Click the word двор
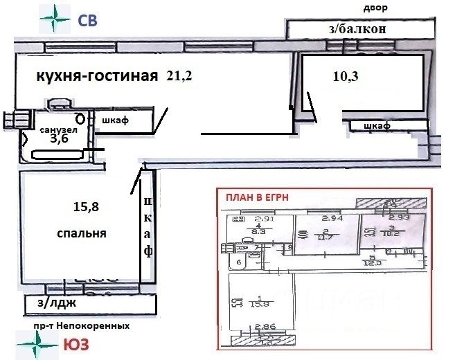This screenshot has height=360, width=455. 375,8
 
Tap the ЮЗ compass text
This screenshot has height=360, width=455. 75,344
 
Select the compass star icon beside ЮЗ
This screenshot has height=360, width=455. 36,343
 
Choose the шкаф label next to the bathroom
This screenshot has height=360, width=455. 115,120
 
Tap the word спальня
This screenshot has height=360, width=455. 81,234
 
